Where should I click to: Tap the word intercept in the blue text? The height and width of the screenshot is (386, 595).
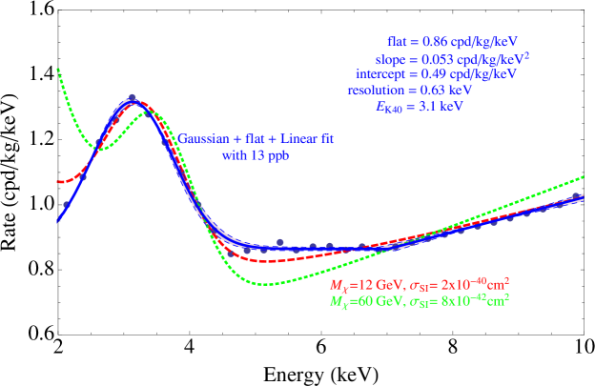[x=382, y=74]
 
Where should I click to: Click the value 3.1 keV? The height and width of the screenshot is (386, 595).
[x=442, y=107]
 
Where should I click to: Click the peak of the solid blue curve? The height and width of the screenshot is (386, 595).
[x=133, y=99]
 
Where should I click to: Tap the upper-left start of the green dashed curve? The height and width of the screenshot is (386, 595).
[x=58, y=69]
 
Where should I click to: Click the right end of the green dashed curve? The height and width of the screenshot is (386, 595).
[x=583, y=176]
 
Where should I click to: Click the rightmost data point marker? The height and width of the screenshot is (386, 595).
[x=576, y=196]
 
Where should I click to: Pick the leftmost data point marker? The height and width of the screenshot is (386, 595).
[x=66, y=205]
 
